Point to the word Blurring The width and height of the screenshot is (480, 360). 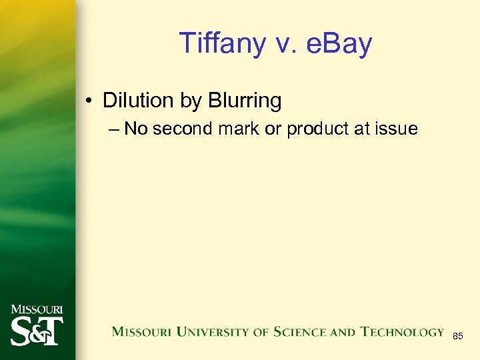point(245,101)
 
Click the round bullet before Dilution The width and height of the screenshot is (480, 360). point(89,101)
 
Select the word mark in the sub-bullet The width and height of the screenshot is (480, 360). point(241,129)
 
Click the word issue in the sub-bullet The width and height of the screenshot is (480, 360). point(397,129)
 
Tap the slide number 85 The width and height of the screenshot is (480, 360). point(458,337)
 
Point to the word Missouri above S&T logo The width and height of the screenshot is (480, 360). point(37,309)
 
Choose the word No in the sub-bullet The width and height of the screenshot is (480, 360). point(135,129)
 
